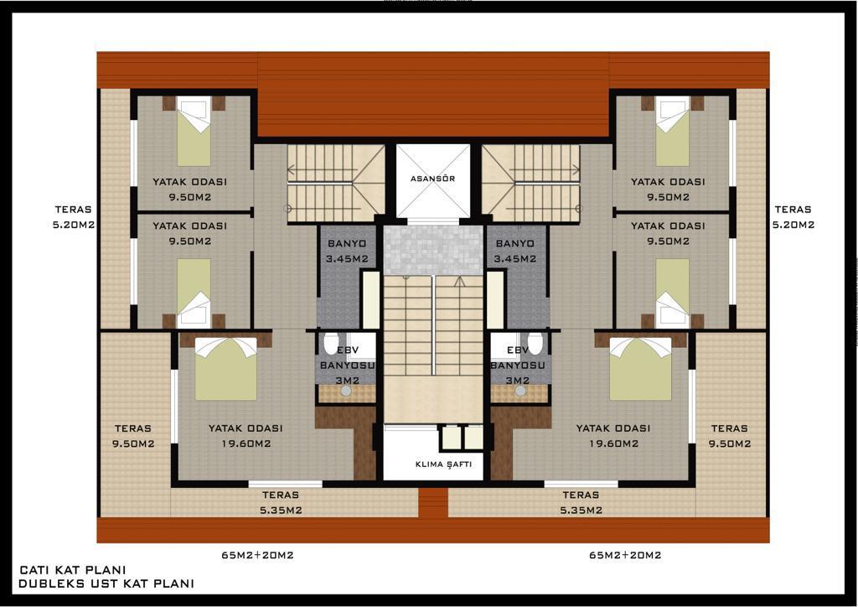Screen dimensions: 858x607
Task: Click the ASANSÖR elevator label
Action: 432,179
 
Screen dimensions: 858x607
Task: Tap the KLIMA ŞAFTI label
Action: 443,464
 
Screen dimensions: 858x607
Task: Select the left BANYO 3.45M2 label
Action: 347,251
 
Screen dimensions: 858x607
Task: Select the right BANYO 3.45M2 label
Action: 515,251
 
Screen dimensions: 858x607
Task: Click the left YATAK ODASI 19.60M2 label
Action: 246,436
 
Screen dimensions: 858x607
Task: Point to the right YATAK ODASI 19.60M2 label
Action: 613,436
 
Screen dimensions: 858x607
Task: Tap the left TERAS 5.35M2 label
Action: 281,502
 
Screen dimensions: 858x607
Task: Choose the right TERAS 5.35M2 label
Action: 581,502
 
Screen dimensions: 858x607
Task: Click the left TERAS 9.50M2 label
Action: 133,436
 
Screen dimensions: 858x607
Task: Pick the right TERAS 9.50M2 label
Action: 730,436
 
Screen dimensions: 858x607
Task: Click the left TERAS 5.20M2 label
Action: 74,217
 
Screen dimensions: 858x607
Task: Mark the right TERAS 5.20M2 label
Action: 793,217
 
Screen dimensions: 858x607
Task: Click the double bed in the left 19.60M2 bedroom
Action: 226,368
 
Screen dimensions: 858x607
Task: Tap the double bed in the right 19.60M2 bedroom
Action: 640,368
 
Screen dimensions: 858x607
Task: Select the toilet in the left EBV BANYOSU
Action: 331,343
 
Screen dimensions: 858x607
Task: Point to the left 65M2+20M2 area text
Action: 257,555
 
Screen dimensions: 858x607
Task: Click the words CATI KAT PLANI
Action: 72,570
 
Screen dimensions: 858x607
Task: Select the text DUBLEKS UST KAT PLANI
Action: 106,584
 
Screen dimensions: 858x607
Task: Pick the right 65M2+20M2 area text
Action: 625,555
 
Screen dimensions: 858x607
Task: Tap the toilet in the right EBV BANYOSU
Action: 535,343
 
